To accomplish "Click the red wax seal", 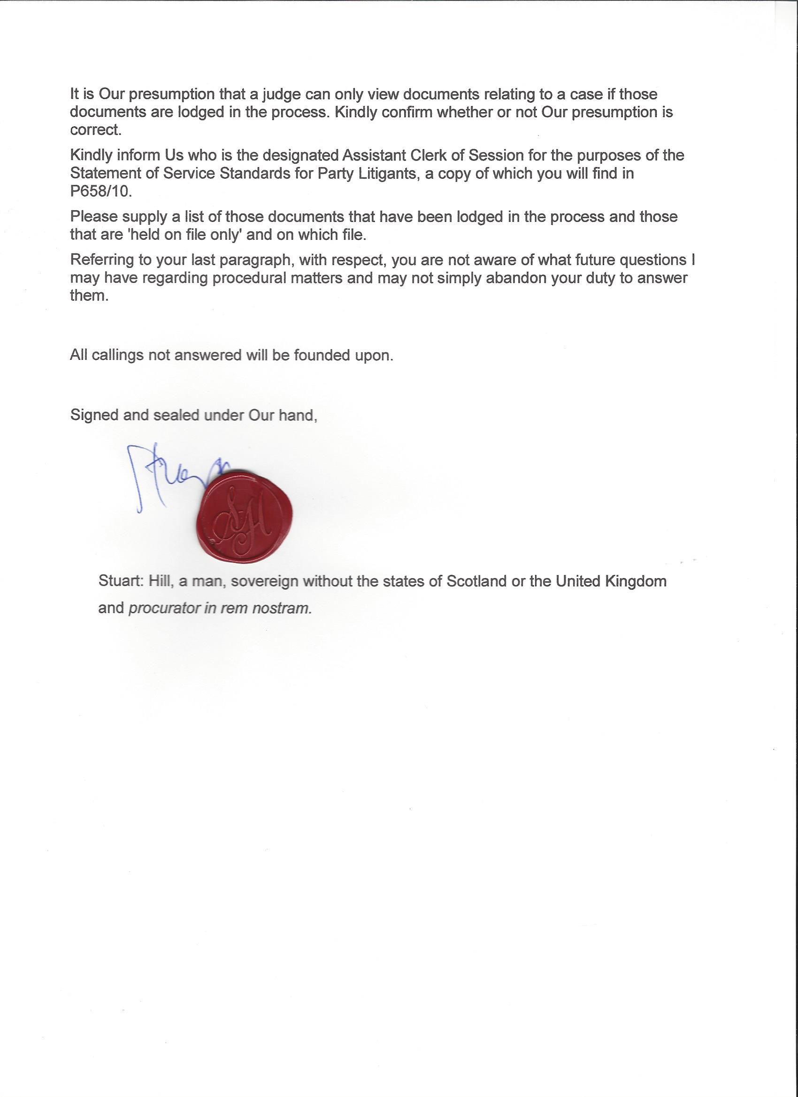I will [245, 516].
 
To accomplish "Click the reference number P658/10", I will [100, 191].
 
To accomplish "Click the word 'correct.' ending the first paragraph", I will [95, 130].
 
